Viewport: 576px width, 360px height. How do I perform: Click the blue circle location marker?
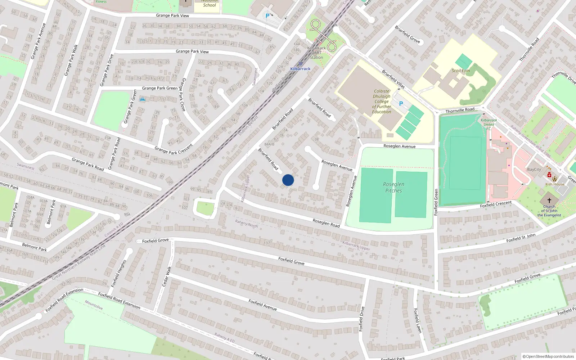point(288,180)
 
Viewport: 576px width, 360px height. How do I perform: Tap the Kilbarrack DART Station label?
point(316,53)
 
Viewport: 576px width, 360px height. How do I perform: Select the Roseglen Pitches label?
point(393,187)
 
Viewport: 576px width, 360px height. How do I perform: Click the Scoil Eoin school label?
point(461,71)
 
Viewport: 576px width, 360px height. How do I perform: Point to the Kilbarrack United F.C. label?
point(489,124)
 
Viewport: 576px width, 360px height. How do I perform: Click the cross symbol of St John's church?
point(549,200)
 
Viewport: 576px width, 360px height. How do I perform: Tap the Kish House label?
point(555,184)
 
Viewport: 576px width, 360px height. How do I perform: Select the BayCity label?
point(534,170)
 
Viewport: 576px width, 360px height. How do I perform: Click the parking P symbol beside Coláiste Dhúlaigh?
point(401,104)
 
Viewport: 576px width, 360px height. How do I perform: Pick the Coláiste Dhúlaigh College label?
point(382,102)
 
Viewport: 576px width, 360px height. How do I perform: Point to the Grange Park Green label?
point(159,88)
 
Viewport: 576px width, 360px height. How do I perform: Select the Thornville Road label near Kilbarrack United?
point(460,110)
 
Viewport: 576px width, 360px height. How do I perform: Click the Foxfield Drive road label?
point(361,319)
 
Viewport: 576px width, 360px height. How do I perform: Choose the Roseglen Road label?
point(326,223)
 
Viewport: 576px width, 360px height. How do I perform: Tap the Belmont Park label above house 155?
point(35,247)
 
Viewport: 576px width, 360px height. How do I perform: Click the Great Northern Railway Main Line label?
point(78,262)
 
